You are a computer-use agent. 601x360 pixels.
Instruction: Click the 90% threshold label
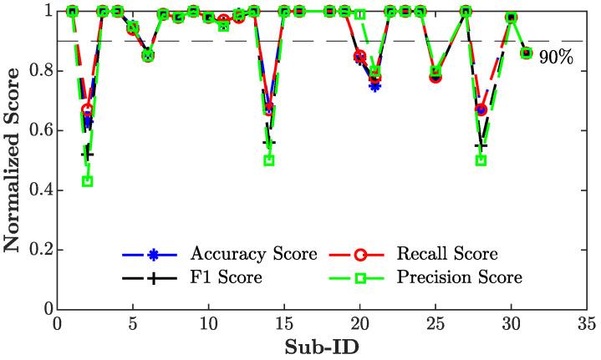[561, 60]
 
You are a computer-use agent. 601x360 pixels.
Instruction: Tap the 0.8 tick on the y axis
[39, 71]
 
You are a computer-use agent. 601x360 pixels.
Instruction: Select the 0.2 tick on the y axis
[39, 250]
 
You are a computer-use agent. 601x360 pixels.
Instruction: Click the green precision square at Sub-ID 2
[87, 181]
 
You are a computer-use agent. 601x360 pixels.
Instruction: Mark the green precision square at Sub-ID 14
[269, 160]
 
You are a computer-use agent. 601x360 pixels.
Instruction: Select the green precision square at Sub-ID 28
[481, 160]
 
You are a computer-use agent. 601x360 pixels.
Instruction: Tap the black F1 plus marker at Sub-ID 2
[87, 155]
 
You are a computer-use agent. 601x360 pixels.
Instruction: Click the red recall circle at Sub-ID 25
[435, 77]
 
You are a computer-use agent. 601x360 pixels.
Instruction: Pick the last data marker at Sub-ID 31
[526, 53]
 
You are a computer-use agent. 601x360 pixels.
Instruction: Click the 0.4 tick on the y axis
[39, 190]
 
